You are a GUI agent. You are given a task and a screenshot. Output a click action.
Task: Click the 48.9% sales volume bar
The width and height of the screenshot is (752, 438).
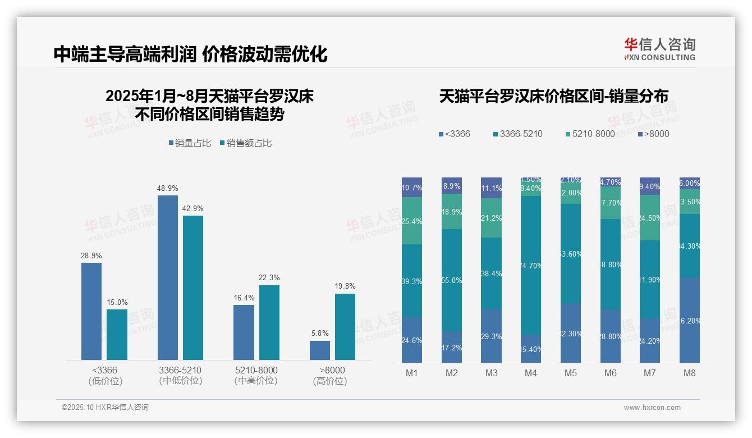pos(168,277)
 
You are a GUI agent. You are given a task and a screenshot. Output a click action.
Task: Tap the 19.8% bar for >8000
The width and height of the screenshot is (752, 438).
pos(345,326)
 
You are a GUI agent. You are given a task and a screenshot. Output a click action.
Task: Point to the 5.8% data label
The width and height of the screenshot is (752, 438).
pos(319,333)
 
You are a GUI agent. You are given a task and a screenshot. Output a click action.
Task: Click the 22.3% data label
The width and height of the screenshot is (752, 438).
pos(269,277)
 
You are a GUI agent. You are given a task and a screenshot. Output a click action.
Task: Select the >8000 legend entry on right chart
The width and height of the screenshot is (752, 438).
pos(654,134)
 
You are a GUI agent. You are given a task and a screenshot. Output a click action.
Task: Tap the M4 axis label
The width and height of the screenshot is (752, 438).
pos(531,373)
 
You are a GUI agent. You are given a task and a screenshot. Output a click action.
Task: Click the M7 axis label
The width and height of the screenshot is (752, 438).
pos(650,373)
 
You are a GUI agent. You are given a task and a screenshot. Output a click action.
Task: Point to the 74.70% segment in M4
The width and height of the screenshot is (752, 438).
pos(531,265)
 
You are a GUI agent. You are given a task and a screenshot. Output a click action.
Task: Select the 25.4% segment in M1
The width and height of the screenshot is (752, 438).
pos(412,221)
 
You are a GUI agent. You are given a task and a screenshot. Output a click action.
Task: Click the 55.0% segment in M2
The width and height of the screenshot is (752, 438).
pos(452,280)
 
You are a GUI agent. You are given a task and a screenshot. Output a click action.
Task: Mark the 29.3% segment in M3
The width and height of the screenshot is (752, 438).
pos(491,335)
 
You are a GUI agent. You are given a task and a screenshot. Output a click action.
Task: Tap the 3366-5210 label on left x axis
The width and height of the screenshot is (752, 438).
pos(180,375)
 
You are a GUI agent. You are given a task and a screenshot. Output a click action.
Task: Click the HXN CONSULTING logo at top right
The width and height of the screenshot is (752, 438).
pos(659,49)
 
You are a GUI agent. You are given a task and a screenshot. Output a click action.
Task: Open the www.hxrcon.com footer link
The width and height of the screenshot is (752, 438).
pos(652,408)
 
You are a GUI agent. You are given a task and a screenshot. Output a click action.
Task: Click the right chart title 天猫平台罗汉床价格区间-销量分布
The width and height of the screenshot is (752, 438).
pos(553,96)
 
